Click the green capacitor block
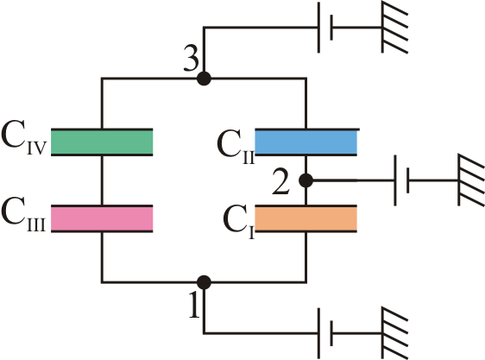pos(102,142)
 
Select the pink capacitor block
pos(102,218)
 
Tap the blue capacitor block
pos(305,142)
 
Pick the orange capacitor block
pos(305,218)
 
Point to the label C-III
pos(24,217)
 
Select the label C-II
pos(236,147)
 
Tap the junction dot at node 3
pos(205,79)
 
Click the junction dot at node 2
pos(306,180)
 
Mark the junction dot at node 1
pos(205,282)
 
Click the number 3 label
pos(191,58)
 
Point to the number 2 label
pos(280,182)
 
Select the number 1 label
pos(194,305)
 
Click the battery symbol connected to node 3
pos(325,28)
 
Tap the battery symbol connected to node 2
pos(401,180)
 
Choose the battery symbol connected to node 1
pos(325,333)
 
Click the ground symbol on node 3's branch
pos(395,28)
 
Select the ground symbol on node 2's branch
pos(471,180)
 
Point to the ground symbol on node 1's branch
pos(395,333)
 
